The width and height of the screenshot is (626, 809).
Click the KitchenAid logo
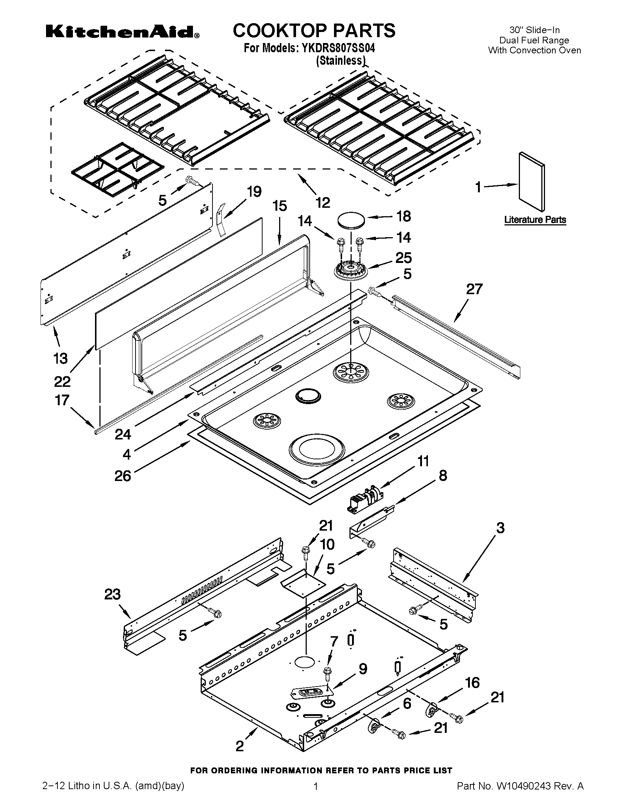(122, 33)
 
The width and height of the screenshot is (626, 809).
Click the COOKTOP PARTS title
(314, 31)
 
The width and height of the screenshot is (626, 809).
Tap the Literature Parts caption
(535, 220)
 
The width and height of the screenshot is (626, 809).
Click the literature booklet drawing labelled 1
(532, 181)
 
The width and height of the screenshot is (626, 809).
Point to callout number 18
(404, 216)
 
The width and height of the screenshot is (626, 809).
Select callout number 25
(404, 258)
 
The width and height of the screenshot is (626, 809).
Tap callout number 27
(474, 289)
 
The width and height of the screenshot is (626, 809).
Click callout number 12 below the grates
(323, 202)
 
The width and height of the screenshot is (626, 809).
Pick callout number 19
(254, 192)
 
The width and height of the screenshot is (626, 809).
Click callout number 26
(123, 475)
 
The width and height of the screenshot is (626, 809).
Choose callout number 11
(423, 461)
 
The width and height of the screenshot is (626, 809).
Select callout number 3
(500, 528)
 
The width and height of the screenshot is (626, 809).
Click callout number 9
(362, 669)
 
